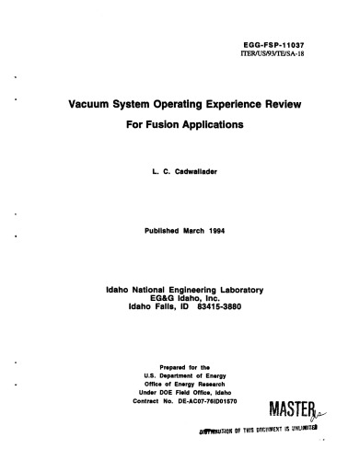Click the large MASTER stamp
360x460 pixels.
[x=296, y=430]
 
